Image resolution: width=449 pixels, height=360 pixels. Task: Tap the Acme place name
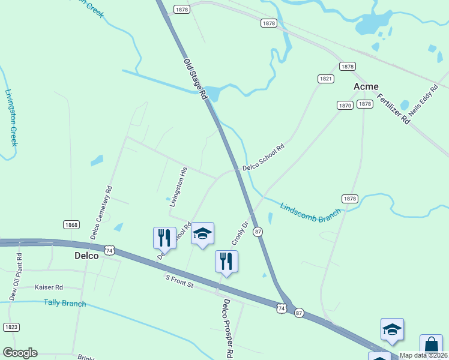(x=366, y=86)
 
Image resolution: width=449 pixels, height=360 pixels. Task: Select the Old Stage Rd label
(x=194, y=79)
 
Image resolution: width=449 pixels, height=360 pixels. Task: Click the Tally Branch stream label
(x=65, y=303)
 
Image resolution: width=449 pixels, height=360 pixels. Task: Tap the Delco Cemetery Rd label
(x=101, y=212)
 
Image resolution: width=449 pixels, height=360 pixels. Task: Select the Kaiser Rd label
(x=49, y=287)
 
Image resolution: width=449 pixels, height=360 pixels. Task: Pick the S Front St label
(x=179, y=281)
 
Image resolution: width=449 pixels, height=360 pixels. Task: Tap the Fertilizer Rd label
(x=393, y=109)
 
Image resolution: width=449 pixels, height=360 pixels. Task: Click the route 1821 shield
(x=326, y=79)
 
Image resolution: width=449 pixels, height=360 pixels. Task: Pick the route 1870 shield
(x=345, y=105)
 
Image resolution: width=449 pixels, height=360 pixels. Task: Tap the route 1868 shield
(x=71, y=224)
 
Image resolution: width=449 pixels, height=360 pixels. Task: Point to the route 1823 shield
(x=11, y=327)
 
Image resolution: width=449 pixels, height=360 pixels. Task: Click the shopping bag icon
(x=431, y=345)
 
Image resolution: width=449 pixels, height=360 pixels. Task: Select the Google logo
(x=20, y=353)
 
